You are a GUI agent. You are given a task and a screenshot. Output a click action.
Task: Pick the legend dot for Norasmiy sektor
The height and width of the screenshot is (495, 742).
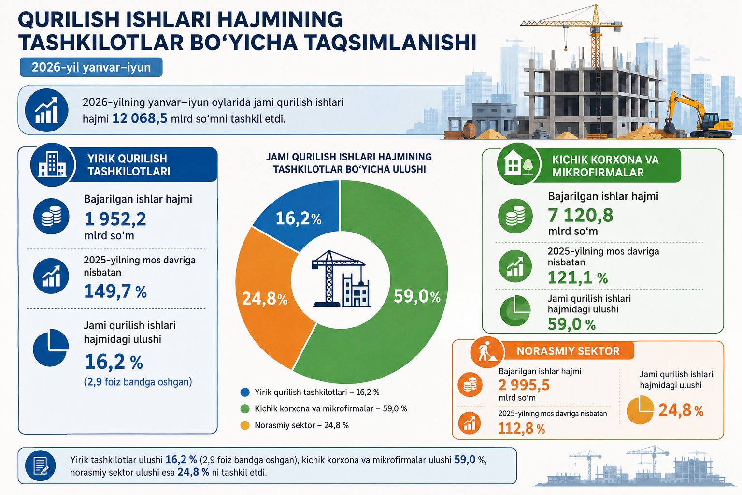pos(245,425)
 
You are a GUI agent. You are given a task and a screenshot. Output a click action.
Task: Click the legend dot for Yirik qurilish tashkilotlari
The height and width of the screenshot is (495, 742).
pos(245,392)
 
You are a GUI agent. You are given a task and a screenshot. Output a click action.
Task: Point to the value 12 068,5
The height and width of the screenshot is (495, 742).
pos(140,118)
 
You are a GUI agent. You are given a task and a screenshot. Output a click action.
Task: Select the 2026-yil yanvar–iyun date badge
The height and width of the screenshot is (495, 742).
pos(91,67)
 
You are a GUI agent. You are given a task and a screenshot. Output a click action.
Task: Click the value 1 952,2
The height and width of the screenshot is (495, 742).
pos(115,219)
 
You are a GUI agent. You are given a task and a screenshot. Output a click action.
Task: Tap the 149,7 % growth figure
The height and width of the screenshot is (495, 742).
pos(115,291)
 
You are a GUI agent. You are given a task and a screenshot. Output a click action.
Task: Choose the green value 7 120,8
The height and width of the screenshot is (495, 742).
pos(580,215)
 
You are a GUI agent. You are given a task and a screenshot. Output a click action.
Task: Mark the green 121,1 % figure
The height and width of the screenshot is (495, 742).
pos(578,277)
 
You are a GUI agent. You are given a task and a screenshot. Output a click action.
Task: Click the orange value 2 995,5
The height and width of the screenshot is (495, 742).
pos(524,385)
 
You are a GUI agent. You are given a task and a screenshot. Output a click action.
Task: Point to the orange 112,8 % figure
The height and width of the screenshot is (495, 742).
pos(521,428)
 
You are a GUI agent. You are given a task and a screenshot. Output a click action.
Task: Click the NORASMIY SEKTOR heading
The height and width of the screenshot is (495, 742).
pos(568,351)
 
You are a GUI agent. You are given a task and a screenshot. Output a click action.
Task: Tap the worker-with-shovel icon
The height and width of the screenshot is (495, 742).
pos(486,352)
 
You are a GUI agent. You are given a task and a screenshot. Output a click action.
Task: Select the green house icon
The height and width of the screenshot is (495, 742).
pos(518,164)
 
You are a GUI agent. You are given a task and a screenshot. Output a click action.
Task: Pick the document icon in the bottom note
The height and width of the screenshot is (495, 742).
pos(41,466)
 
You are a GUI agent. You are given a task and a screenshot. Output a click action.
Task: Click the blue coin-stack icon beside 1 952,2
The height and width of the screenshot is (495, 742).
pos(51,216)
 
